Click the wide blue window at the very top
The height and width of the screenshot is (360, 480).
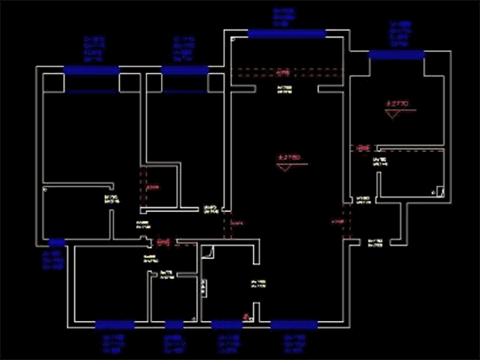pyautogui.click(x=286, y=34)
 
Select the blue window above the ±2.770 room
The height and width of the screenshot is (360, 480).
pyautogui.click(x=397, y=54)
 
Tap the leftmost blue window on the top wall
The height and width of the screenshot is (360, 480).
pyautogui.click(x=91, y=70)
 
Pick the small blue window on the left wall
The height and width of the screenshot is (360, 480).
pyautogui.click(x=57, y=242)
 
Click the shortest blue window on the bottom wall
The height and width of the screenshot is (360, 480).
pyautogui.click(x=174, y=325)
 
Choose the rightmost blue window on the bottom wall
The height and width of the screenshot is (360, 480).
pyautogui.click(x=294, y=325)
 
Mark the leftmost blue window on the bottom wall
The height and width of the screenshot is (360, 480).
pyautogui.click(x=114, y=325)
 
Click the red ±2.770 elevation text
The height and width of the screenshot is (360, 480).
pyautogui.click(x=397, y=103)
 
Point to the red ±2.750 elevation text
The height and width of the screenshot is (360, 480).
pyautogui.click(x=288, y=158)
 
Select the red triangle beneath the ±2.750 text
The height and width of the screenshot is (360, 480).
pyautogui.click(x=285, y=167)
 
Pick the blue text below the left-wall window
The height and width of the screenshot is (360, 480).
pyautogui.click(x=54, y=259)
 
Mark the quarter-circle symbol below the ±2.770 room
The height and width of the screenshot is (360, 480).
pyautogui.click(x=438, y=192)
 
